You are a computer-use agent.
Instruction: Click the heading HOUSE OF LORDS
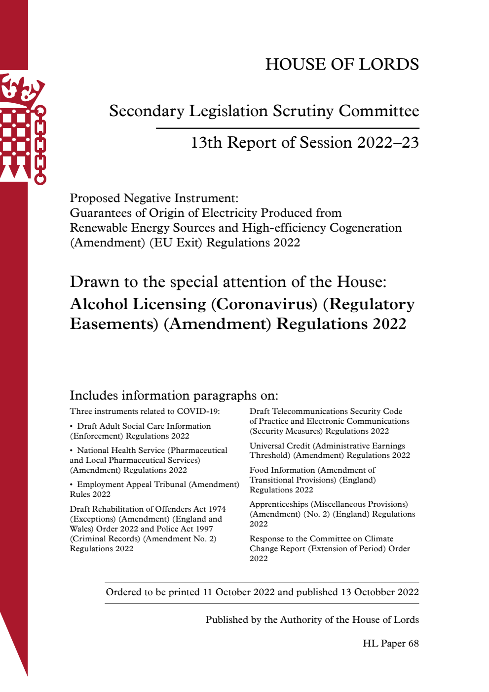pos(342,64)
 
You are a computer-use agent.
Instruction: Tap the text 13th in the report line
pos(206,143)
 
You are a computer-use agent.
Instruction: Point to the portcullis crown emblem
pos(23,128)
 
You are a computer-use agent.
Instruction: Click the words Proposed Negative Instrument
pos(153,198)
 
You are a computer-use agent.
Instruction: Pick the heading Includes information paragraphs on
pos(174,395)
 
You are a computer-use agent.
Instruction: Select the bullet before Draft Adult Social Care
pos(72,426)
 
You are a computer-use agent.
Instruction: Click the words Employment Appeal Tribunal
pos(131,485)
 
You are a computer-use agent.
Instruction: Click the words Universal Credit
pos(280,446)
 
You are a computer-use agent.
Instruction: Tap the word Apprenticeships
pos(278,504)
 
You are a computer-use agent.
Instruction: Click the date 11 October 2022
pos(238,592)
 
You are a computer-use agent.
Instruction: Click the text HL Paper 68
pos(390,644)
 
